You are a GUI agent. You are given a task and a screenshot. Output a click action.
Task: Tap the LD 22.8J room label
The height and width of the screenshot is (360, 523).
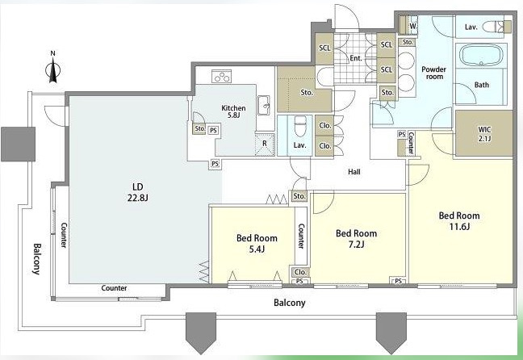coord(137,192)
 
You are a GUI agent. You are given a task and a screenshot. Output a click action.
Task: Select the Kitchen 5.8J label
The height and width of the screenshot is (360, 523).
coord(233,111)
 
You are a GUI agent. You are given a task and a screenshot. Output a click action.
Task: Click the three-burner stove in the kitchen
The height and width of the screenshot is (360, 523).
coord(222,77)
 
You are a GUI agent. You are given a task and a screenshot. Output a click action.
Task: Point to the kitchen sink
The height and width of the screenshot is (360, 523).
coord(263,106)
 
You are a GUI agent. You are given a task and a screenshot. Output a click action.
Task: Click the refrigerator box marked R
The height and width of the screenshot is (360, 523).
coord(265,144)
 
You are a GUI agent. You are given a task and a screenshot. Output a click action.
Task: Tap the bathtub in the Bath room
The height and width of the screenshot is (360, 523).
coord(481,56)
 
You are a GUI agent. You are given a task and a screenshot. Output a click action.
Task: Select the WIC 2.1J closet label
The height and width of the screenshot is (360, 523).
coord(484,133)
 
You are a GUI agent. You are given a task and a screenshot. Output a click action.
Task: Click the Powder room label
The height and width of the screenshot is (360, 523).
coord(433,73)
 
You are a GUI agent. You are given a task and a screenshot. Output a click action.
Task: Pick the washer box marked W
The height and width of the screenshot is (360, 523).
coord(413,25)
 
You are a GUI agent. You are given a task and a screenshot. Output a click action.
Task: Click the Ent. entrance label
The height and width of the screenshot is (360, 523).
coord(356,58)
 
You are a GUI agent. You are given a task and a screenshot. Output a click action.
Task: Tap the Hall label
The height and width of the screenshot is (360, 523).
coord(354,172)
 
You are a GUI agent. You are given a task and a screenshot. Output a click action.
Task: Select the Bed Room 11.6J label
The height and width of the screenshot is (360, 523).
coord(459,221)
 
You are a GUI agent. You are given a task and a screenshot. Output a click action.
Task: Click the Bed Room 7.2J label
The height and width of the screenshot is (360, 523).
coord(356,239)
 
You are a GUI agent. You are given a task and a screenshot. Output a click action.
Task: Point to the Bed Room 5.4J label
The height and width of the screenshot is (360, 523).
coord(257,243)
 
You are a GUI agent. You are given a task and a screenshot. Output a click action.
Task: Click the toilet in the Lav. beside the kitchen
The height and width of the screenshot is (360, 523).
coord(300,126)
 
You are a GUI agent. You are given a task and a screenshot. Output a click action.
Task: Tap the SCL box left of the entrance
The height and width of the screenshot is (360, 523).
coord(324,48)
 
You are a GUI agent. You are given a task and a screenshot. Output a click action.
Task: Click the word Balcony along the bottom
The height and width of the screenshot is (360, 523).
coord(289,303)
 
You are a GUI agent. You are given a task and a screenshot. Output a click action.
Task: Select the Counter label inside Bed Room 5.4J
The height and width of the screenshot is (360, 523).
coord(301,237)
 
